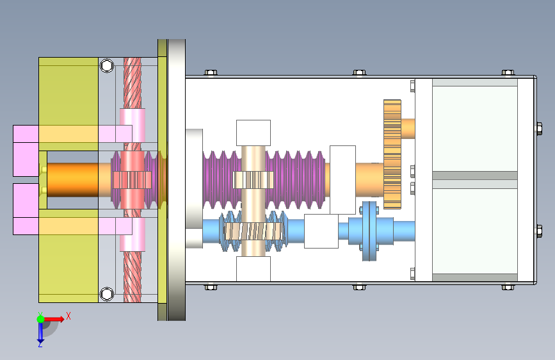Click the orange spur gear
392,154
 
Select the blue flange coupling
369,231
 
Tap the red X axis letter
68,316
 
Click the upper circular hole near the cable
107,65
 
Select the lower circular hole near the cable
107,294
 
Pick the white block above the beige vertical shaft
253,133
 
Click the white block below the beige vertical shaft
253,269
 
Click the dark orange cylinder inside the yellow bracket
72,180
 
